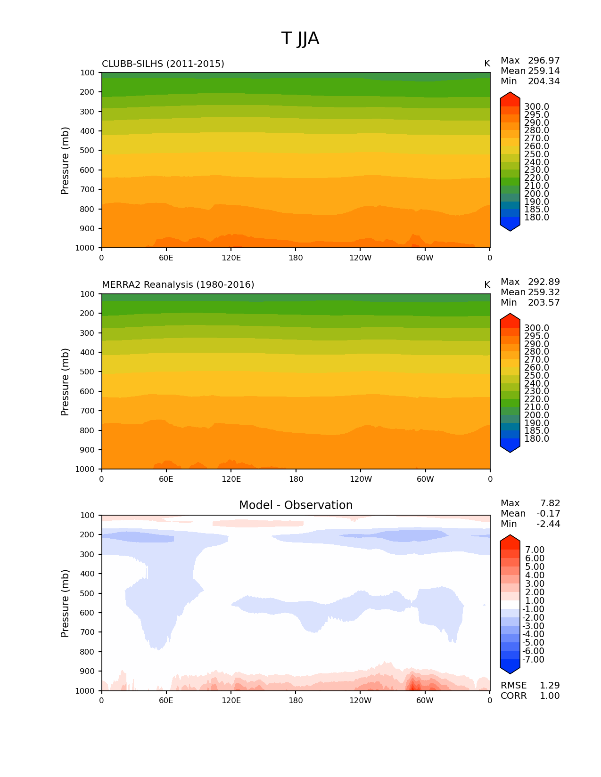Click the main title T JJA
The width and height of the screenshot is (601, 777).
click(300, 39)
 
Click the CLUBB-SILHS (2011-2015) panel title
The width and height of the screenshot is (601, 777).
click(163, 64)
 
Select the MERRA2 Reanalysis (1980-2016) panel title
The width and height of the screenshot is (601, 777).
click(178, 285)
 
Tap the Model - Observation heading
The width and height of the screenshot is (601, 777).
click(296, 505)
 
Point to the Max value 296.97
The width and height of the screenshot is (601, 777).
click(543, 61)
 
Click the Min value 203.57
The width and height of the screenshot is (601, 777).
click(543, 303)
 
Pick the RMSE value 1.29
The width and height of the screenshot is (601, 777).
click(550, 686)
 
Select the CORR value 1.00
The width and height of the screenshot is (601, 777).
click(550, 696)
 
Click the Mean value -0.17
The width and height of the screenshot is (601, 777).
click(548, 514)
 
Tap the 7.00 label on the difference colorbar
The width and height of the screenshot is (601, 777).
click(535, 550)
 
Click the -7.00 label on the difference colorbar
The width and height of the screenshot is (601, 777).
click(533, 660)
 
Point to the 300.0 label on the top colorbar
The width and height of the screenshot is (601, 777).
click(536, 107)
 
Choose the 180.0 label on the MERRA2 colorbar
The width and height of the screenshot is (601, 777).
click(536, 439)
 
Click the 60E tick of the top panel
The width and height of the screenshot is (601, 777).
click(166, 258)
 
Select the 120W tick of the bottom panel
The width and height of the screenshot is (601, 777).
click(360, 700)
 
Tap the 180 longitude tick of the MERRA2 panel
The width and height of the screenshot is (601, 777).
click(296, 479)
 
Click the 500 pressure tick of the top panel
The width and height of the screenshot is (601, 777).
click(87, 151)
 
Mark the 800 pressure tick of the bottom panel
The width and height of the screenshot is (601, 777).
click(87, 652)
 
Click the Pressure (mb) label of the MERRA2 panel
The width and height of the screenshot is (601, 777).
click(65, 382)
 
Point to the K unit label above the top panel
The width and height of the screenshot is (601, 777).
click(487, 64)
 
